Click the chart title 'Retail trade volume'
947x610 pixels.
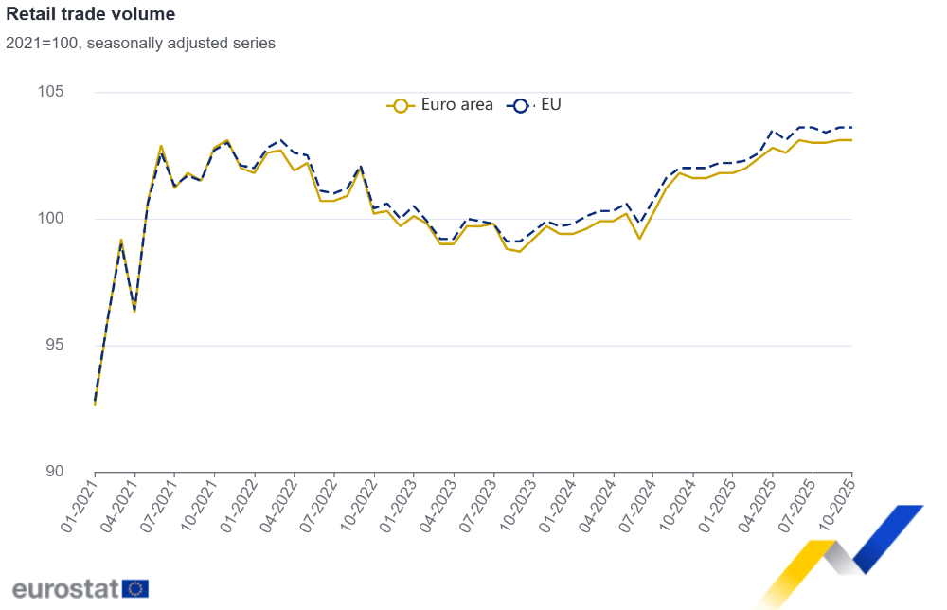pos(90,14)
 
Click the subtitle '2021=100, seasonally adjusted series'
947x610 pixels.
pos(140,43)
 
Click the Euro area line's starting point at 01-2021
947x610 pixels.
pos(95,404)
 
